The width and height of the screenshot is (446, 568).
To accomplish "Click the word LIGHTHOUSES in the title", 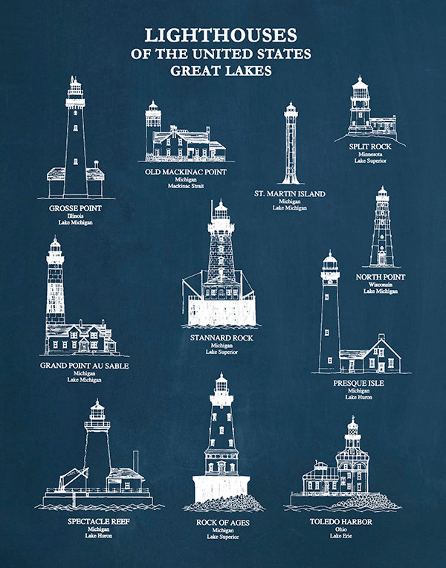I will (221, 35).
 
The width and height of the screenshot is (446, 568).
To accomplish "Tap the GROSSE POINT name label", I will (75, 208).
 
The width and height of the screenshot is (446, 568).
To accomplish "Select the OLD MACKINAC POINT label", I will (186, 172).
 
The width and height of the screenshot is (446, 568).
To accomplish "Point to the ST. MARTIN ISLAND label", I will (290, 194).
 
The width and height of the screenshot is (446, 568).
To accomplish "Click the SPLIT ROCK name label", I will (370, 147).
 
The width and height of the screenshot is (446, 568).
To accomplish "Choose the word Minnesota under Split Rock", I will (370, 154).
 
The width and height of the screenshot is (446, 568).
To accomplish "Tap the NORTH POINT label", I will (381, 277).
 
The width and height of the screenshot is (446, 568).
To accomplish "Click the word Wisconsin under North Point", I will (381, 285).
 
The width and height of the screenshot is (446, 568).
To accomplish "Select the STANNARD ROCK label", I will (222, 338).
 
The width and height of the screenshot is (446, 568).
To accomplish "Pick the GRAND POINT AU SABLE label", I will (84, 366).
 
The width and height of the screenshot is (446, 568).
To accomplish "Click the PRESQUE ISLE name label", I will (359, 383).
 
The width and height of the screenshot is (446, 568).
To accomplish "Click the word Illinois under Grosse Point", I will (75, 216).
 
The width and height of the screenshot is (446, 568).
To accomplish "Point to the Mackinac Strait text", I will (186, 186).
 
